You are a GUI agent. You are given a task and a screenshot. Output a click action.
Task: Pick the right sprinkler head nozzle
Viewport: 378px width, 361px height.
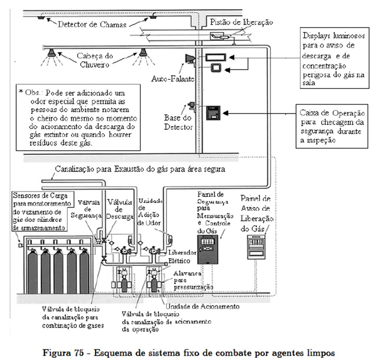[x=142, y=52]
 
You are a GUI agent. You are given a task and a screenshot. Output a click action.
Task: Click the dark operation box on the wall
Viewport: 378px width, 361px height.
[x=214, y=112]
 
